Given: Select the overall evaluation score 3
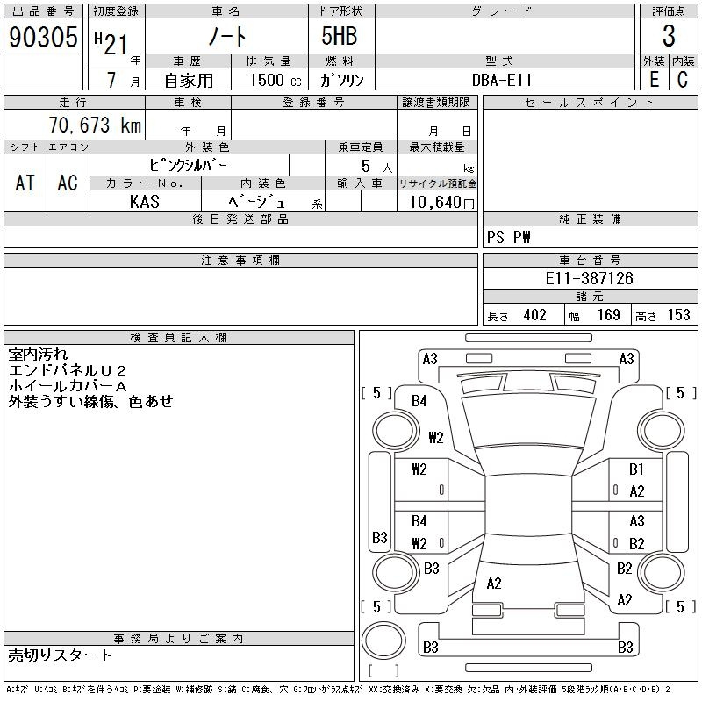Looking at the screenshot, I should point(669,37).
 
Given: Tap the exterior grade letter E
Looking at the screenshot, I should point(654,79).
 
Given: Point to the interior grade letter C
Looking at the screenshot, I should point(683,79).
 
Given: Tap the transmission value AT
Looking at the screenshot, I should point(25,183).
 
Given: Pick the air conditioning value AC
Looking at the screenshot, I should point(68,183).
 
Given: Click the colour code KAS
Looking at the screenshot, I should point(144,202).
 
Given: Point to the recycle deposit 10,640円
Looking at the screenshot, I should point(437,202).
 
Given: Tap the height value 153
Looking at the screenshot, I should point(678,315).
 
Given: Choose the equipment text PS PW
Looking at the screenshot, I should point(510,238).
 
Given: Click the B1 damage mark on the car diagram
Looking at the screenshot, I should point(636,469).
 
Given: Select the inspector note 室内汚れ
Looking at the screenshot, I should point(38,355).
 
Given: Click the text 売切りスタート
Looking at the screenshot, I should point(61,655).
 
